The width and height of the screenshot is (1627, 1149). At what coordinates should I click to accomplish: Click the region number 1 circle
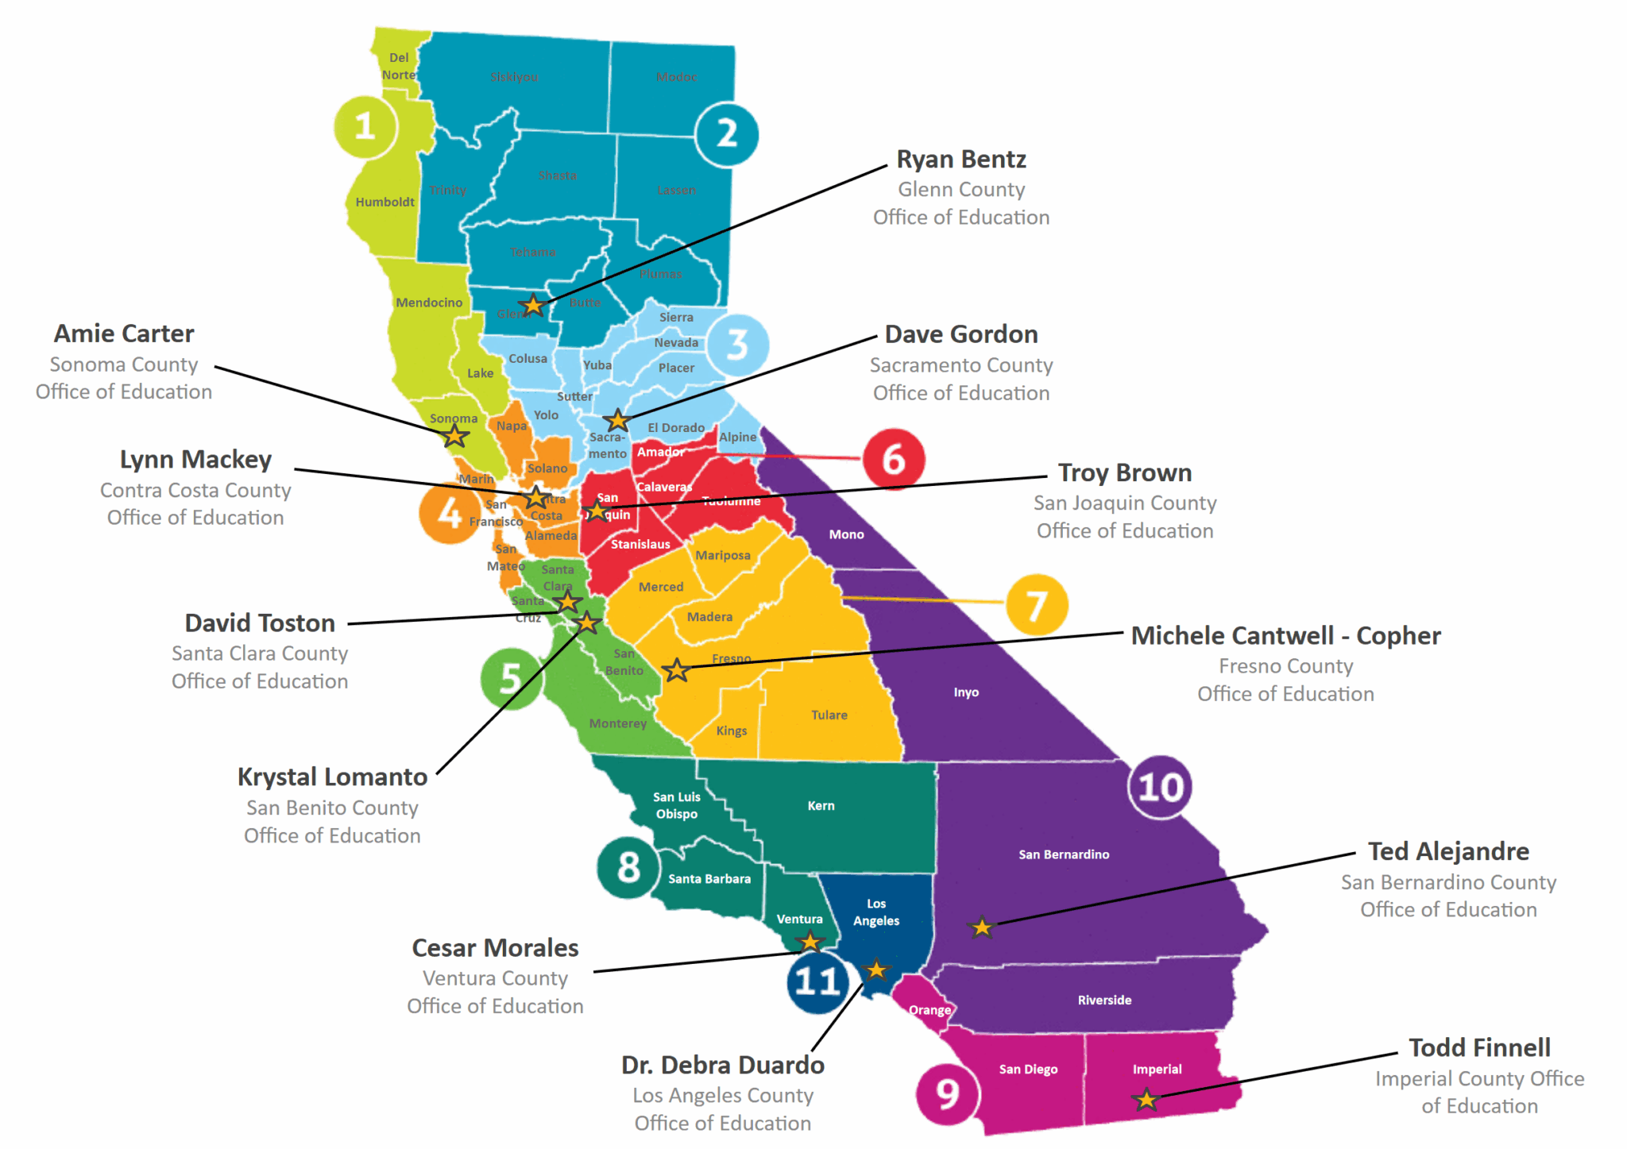pyautogui.click(x=365, y=126)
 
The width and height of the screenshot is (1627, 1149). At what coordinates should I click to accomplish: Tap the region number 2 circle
pyautogui.click(x=726, y=134)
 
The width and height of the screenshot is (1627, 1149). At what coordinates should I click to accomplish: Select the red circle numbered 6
pyautogui.click(x=893, y=459)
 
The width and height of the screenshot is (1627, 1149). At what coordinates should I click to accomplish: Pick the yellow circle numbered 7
pyautogui.click(x=1036, y=605)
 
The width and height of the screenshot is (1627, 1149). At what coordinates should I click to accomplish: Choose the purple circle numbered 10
pyautogui.click(x=1160, y=787)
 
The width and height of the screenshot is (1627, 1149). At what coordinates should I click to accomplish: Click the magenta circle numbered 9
pyautogui.click(x=947, y=1093)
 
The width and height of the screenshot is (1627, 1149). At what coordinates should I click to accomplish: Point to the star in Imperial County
pyautogui.click(x=1146, y=1100)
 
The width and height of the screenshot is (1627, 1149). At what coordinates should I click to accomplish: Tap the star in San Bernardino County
pyautogui.click(x=982, y=927)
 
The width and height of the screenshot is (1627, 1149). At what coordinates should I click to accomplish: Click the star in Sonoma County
pyautogui.click(x=455, y=435)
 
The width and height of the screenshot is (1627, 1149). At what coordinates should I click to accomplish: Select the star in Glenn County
pyautogui.click(x=532, y=305)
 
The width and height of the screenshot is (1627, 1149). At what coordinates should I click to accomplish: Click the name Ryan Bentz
pyautogui.click(x=961, y=160)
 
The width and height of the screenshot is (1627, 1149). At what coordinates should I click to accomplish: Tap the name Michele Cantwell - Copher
pyautogui.click(x=1285, y=636)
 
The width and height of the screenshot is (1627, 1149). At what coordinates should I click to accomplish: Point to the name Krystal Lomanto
pyautogui.click(x=332, y=777)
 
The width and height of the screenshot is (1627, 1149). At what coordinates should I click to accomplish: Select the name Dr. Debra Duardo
pyautogui.click(x=723, y=1065)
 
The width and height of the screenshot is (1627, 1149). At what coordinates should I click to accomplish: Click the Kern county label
pyautogui.click(x=821, y=806)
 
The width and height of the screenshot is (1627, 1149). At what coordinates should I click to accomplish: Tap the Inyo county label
pyautogui.click(x=966, y=692)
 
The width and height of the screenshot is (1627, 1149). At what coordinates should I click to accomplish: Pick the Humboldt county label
pyautogui.click(x=385, y=202)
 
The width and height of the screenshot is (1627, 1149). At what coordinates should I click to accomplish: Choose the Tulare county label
pyautogui.click(x=829, y=715)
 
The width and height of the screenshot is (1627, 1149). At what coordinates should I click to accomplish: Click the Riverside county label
pyautogui.click(x=1104, y=1001)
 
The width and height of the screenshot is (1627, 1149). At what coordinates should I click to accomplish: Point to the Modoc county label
pyautogui.click(x=676, y=77)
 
